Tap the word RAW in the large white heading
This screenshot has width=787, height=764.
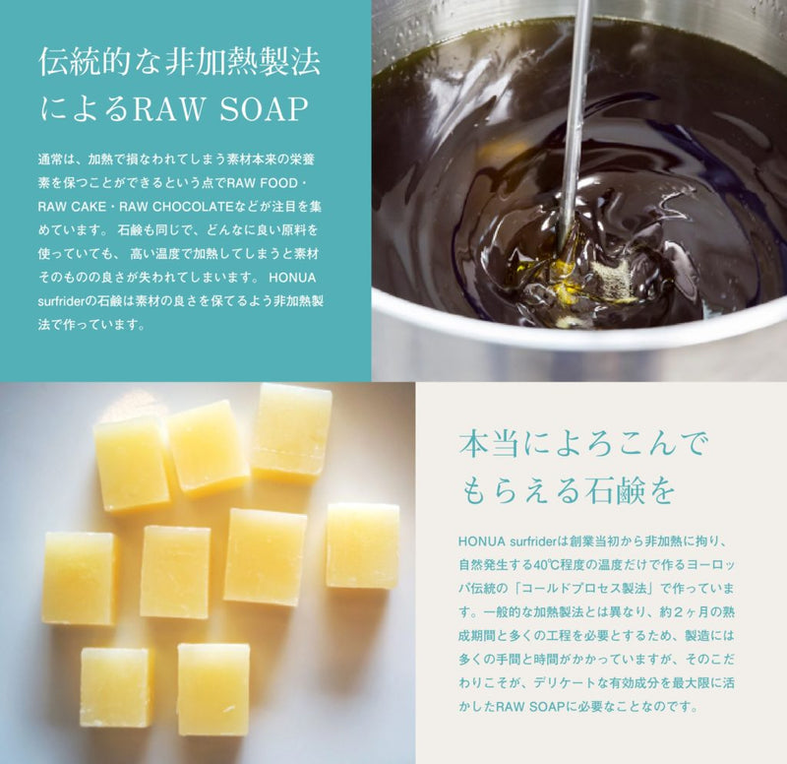click(x=167, y=109)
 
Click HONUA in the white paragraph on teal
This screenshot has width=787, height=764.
click(x=292, y=278)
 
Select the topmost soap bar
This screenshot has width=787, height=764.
click(x=291, y=432)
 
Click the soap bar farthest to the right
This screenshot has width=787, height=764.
click(x=362, y=545)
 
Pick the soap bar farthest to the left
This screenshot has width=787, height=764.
click(x=80, y=578)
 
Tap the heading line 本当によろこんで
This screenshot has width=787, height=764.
click(x=582, y=445)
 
